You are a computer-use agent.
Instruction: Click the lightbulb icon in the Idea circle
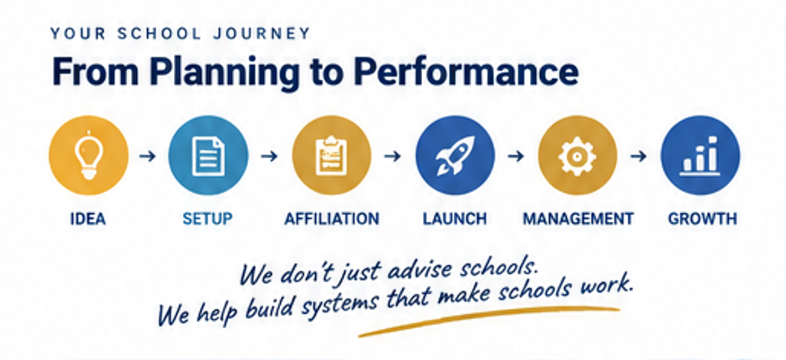89,155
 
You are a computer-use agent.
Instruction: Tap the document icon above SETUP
208,156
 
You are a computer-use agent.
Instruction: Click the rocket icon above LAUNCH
455,156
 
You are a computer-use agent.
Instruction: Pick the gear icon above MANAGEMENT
577,156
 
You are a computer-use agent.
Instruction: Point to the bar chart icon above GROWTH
700,156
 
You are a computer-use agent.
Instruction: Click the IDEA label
88,219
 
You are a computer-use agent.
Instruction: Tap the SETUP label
208,219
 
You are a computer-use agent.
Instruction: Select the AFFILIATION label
332,219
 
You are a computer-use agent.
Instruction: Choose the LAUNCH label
455,219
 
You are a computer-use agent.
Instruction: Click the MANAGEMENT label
578,219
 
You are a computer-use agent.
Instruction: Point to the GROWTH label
702,219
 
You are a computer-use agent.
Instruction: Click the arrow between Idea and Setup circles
147,156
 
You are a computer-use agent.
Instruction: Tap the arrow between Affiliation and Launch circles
392,156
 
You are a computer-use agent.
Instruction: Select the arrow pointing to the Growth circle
639,156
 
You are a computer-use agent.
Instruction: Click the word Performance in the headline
466,72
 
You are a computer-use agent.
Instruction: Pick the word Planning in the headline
224,74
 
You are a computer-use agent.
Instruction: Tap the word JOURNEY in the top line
262,34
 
